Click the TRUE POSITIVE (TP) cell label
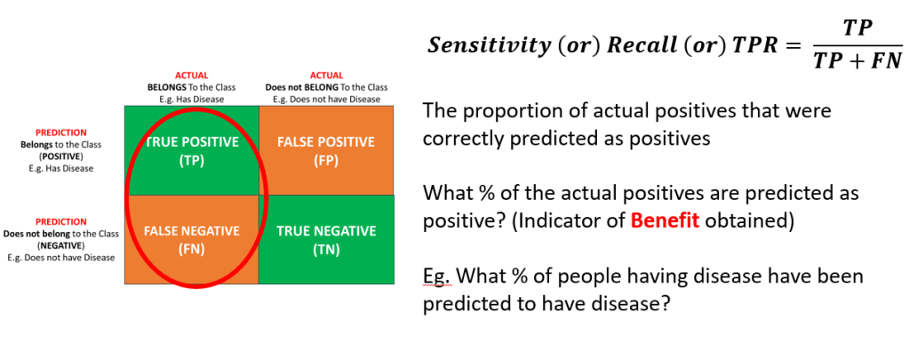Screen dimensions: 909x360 coord(192,151)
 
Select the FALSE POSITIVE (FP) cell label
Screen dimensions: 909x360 coord(326,151)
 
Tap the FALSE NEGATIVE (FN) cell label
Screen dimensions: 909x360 coord(192,241)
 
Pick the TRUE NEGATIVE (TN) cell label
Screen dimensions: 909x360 coord(326,241)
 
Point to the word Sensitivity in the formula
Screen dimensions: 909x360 coord(488,46)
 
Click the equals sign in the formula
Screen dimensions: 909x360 coord(793,46)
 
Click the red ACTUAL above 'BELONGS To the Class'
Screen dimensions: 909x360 coord(191,76)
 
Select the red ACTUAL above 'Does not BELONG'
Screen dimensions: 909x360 coord(326,76)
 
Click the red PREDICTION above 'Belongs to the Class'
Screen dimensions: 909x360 coord(61,132)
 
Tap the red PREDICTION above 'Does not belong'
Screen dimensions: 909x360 coord(61,221)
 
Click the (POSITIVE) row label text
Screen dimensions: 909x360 coord(61,156)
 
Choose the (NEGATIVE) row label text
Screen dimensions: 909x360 coord(61,245)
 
